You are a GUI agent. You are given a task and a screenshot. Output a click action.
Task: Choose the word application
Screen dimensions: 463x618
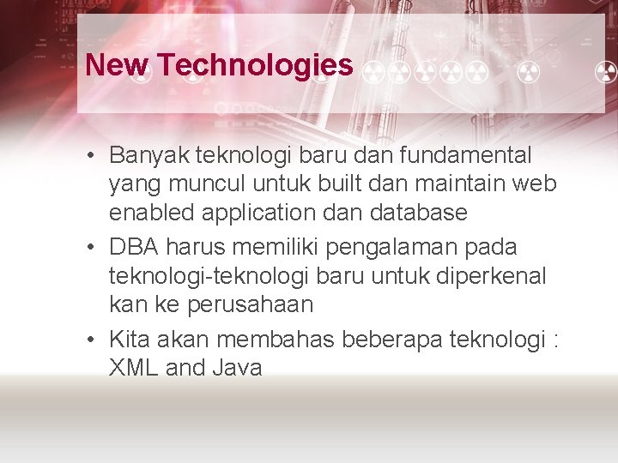coord(261,213)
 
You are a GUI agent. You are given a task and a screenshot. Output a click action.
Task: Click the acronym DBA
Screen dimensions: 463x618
coord(134,247)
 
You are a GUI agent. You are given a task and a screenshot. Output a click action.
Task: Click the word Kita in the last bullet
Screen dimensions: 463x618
coord(127,340)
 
